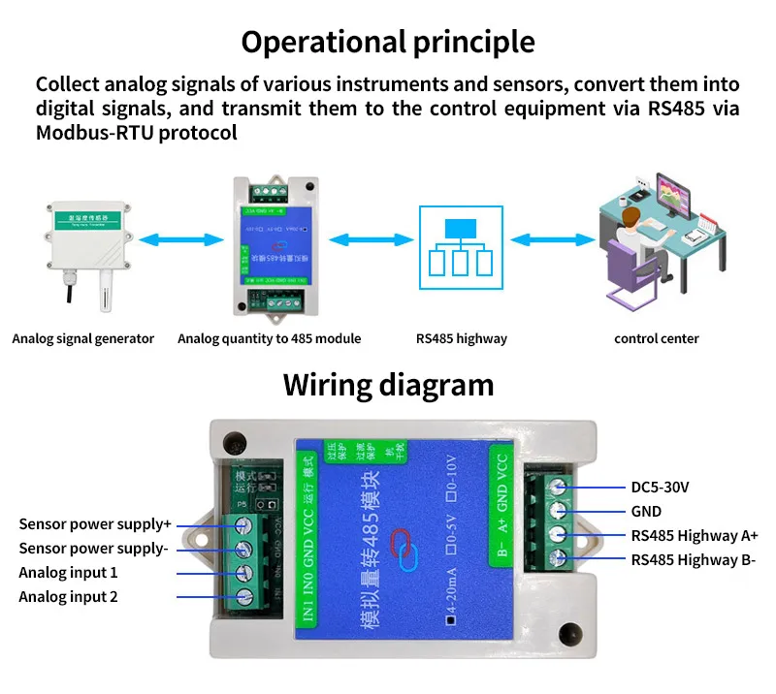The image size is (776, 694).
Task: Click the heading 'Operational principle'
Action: (388, 42)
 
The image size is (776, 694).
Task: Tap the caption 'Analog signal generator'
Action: (83, 338)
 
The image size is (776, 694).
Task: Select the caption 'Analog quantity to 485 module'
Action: (269, 338)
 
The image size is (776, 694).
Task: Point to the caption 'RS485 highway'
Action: (461, 338)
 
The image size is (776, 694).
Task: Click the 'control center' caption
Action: (657, 338)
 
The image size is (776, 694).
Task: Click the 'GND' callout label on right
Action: (646, 511)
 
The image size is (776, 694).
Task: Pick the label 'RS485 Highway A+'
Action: (695, 535)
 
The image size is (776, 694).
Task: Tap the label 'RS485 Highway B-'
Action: (694, 559)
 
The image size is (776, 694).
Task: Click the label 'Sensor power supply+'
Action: (95, 524)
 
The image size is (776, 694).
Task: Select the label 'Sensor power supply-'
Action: (94, 549)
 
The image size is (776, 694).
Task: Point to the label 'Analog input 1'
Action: (68, 573)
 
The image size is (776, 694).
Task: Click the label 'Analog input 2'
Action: (68, 597)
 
